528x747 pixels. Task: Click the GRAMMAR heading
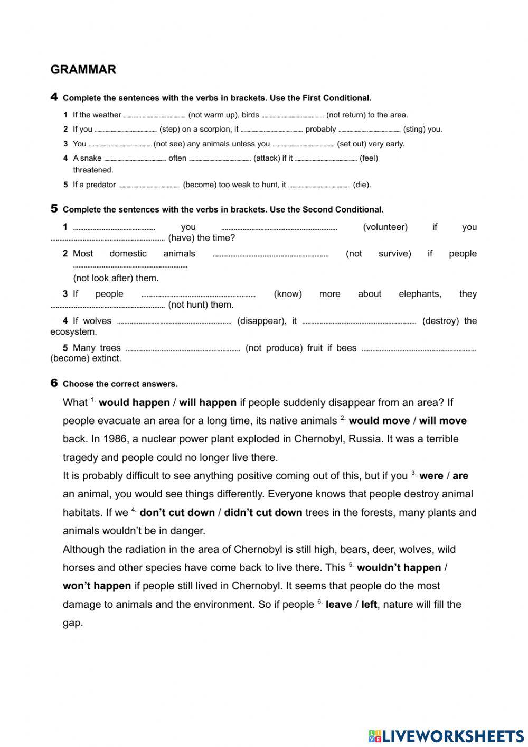[83, 70]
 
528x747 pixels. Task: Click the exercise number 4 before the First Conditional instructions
[54, 97]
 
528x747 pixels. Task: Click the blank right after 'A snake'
[135, 159]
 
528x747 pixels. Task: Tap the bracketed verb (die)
[362, 185]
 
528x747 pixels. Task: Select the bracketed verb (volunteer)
[385, 227]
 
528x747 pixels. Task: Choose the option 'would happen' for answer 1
[134, 403]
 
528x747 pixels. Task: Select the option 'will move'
[442, 421]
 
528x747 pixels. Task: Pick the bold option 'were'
[431, 476]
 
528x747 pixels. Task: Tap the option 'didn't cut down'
[263, 513]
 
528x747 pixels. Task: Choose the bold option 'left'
[369, 605]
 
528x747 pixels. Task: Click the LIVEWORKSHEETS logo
[446, 735]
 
